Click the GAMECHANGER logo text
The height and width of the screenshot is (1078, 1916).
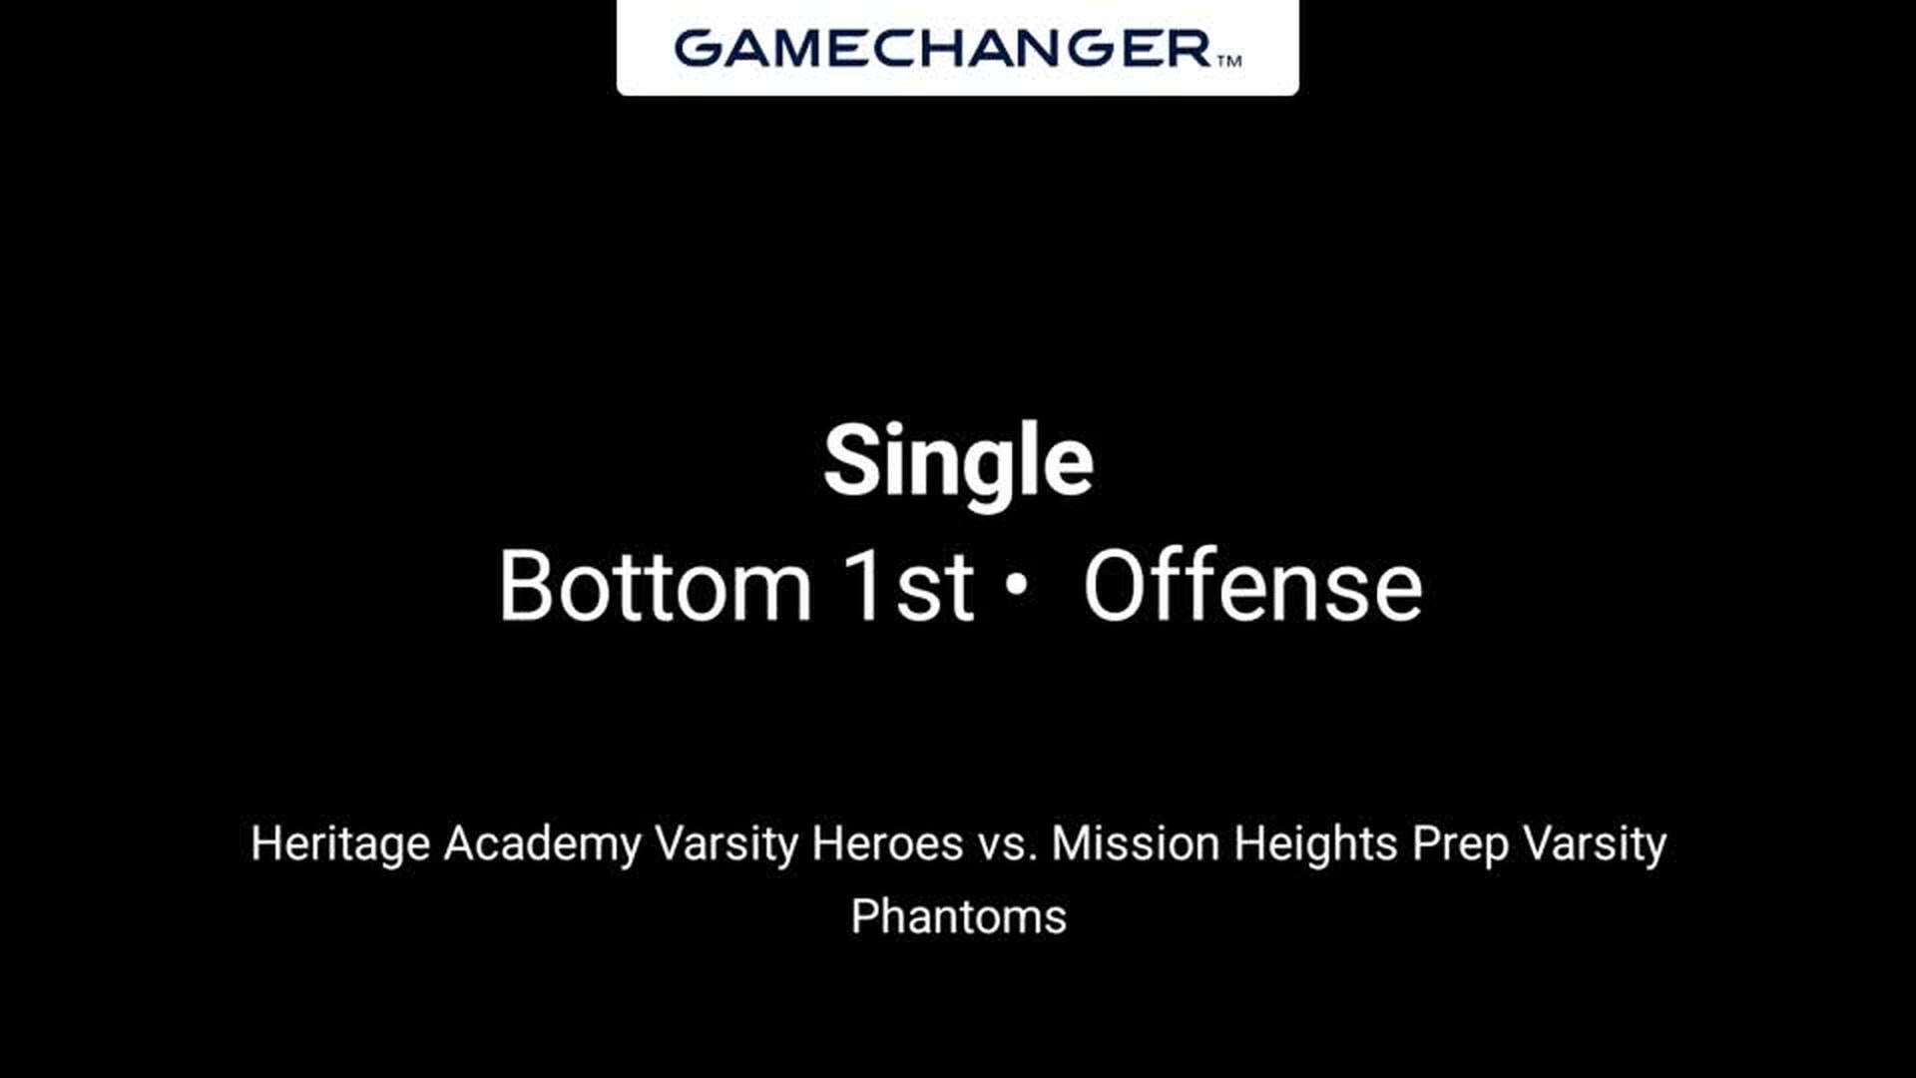tap(942, 48)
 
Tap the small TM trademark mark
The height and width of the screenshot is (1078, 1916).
tap(1229, 60)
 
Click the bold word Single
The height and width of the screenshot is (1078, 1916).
tap(958, 461)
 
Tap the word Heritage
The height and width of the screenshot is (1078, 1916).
tap(340, 845)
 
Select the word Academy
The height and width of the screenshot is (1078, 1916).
tap(542, 845)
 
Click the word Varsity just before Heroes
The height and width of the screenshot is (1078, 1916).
tap(725, 845)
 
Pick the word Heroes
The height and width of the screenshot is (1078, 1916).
tap(887, 843)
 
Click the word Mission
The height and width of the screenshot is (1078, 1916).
tap(1136, 843)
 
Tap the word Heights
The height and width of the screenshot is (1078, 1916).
tap(1315, 845)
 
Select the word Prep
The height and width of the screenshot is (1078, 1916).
tap(1460, 845)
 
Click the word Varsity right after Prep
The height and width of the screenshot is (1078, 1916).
tap(1595, 845)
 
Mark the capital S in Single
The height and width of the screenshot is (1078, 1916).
tap(851, 460)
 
